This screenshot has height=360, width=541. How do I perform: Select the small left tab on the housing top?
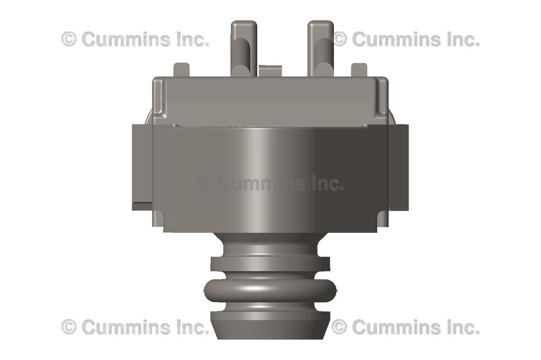[x=181, y=70]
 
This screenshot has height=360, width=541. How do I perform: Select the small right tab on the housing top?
[x=359, y=70]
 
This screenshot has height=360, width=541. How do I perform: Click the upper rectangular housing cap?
[x=270, y=100]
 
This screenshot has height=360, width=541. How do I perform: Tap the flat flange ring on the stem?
[x=270, y=263]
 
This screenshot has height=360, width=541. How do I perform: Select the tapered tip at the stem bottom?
[x=270, y=325]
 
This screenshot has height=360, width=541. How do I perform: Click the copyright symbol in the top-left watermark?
[x=69, y=39]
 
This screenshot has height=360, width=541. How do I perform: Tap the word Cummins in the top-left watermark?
[x=126, y=39]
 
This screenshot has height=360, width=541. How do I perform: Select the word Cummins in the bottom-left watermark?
[x=126, y=327]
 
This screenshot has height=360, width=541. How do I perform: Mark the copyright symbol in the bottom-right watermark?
[x=339, y=327]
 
